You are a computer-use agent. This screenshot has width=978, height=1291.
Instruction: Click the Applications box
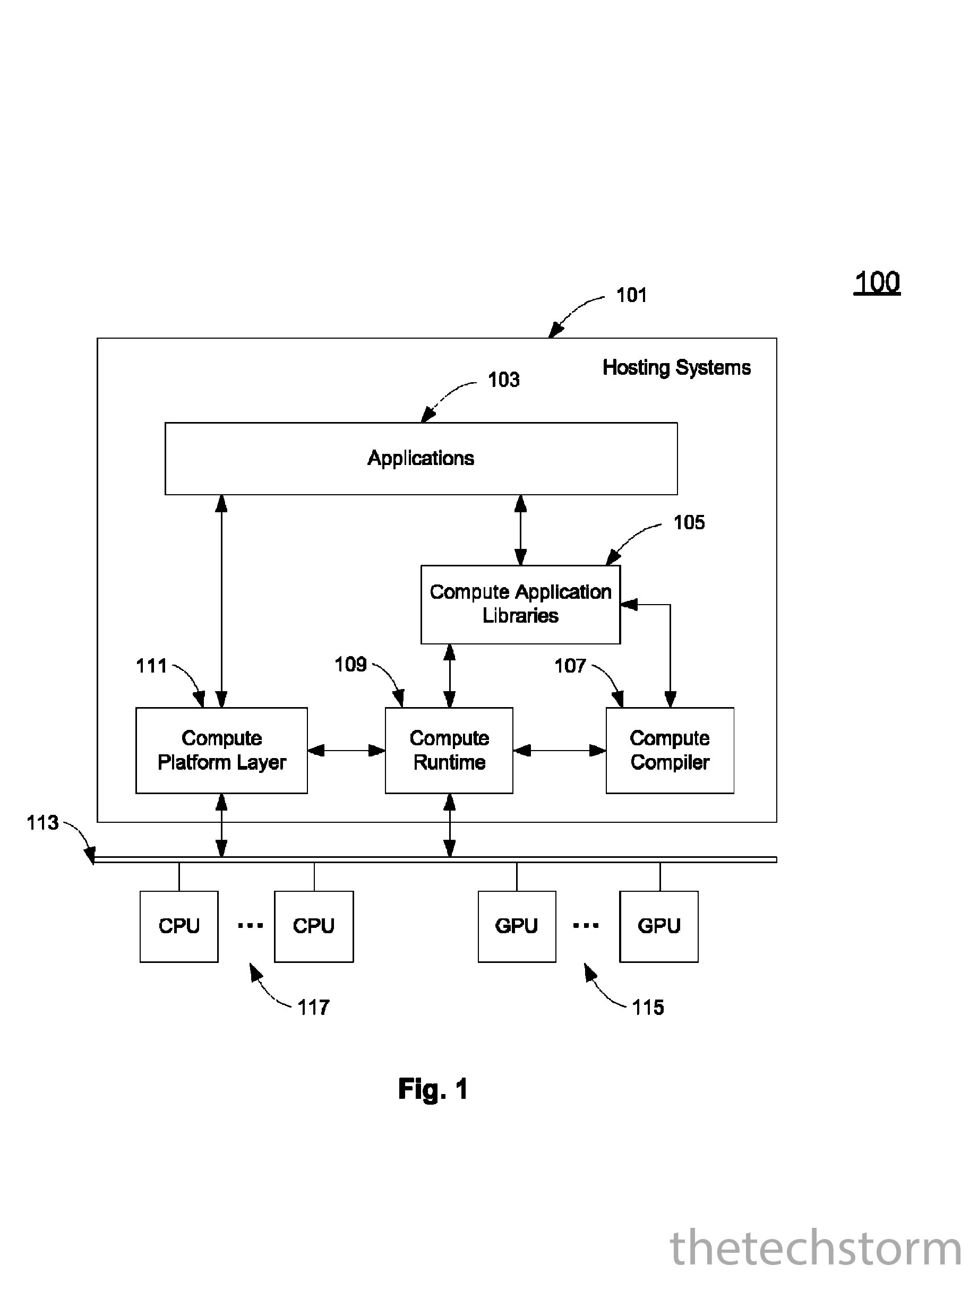click(421, 458)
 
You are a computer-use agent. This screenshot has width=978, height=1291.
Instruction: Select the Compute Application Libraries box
click(520, 604)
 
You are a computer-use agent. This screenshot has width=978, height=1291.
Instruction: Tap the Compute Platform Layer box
click(221, 750)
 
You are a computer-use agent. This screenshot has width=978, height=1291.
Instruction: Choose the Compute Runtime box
click(449, 750)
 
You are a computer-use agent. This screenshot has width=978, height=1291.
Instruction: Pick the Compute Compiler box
click(670, 750)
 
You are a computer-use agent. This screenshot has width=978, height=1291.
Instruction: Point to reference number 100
click(877, 282)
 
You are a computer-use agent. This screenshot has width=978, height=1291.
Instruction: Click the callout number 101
click(632, 295)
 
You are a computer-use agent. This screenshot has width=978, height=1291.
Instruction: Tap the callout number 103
click(503, 380)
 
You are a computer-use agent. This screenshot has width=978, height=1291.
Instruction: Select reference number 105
click(689, 522)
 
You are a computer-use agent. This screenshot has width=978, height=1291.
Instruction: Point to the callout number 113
click(42, 823)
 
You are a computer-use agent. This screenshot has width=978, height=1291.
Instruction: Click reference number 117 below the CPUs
click(314, 1008)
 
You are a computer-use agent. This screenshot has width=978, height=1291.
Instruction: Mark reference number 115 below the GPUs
click(648, 1008)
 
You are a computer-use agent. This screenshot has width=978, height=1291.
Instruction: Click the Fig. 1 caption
click(433, 1089)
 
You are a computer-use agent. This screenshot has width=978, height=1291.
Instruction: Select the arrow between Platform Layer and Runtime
click(346, 751)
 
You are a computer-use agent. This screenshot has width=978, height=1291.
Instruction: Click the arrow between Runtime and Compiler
click(560, 751)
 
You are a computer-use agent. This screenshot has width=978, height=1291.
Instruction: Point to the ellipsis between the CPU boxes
click(250, 925)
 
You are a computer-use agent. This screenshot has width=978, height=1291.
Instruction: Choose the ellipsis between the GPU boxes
click(586, 925)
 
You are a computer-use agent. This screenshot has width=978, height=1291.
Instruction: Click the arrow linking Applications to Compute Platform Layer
click(221, 601)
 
